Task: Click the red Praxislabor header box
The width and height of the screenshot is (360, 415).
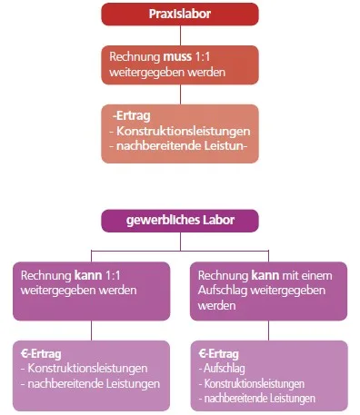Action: click(x=179, y=14)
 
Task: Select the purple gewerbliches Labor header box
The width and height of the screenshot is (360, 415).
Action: click(x=179, y=220)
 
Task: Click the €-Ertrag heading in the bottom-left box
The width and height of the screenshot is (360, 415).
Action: click(x=43, y=352)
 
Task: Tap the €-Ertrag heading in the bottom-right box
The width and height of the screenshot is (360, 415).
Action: click(x=219, y=352)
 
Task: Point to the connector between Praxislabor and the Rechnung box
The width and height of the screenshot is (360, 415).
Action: click(x=179, y=34)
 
